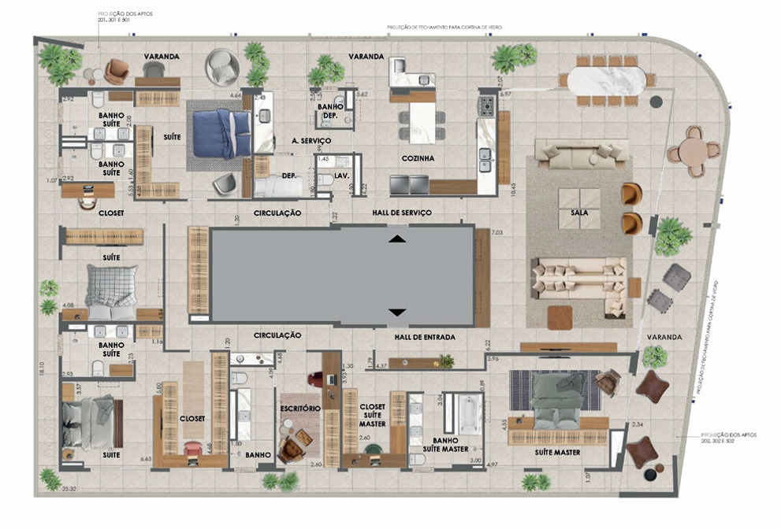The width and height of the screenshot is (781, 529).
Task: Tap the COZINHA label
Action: pos(417,158)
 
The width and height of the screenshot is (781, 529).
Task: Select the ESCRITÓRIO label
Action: pos(300,409)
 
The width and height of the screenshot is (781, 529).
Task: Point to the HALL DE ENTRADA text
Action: pos(424,337)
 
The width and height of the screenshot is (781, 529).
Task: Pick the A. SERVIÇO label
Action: pos(311,140)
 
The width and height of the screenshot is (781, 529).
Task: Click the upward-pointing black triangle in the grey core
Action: pos(398,238)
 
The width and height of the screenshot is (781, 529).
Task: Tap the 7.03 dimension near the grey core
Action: pos(496,233)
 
